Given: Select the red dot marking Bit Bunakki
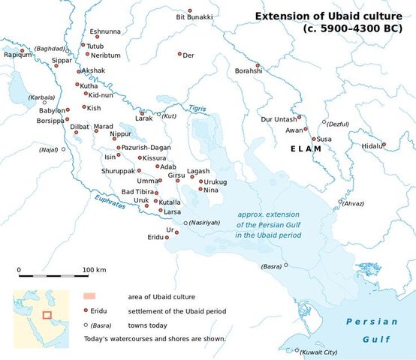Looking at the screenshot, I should click(x=190, y=10).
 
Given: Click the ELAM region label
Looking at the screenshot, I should click(x=306, y=149).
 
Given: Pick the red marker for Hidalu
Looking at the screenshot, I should click(x=384, y=145).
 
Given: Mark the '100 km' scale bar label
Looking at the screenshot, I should click(x=94, y=269).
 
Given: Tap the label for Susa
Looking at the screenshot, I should click(x=324, y=139).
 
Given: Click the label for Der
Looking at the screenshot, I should click(x=188, y=55).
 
